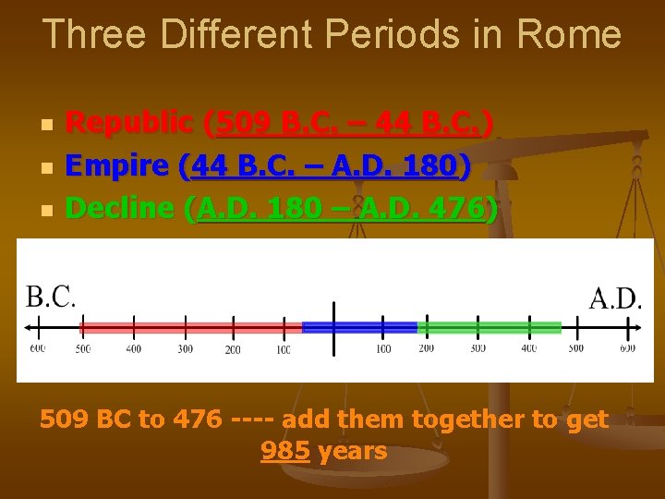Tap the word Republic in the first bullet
(130, 122)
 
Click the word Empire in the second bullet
(117, 166)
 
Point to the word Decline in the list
(120, 210)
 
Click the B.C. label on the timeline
(51, 297)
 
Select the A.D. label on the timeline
(615, 298)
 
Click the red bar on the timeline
(191, 327)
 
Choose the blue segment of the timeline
(360, 327)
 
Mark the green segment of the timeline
(490, 327)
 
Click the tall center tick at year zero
(332, 327)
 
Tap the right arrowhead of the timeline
(636, 327)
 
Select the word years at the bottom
(352, 452)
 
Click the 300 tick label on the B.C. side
(185, 349)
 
